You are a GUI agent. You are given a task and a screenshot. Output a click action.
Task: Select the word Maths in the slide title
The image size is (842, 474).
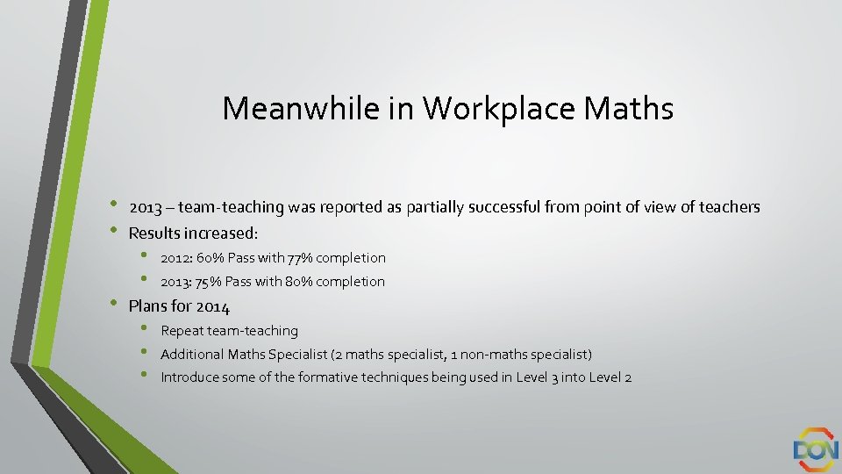pyautogui.click(x=629, y=109)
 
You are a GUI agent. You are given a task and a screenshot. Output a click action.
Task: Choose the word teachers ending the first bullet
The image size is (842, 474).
pyautogui.click(x=730, y=208)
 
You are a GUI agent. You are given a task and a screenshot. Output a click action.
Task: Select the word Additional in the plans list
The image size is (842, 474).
pyautogui.click(x=192, y=355)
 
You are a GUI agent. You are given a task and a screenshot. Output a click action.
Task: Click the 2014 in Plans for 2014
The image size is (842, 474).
pyautogui.click(x=213, y=307)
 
